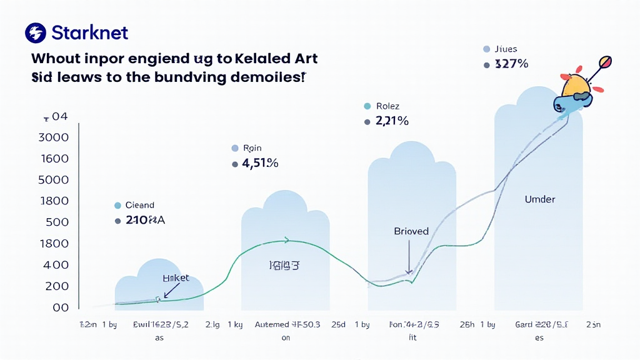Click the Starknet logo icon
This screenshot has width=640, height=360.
[x=36, y=33]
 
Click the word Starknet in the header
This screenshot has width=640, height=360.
[x=91, y=33]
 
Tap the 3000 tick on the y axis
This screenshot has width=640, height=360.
[x=54, y=137]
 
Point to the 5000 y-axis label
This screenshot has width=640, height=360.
[x=54, y=180]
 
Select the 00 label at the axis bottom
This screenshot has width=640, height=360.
[x=61, y=307]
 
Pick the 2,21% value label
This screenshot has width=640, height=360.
[x=392, y=121]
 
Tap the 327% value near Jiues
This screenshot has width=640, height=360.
[x=511, y=64]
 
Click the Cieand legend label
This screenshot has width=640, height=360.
[x=139, y=205]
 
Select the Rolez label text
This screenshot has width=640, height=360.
[x=387, y=106]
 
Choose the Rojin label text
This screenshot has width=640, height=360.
[x=252, y=148]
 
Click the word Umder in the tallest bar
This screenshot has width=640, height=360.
[x=540, y=199]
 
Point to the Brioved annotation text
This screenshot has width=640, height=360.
[x=411, y=231]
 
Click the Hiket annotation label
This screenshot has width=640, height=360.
[x=176, y=277]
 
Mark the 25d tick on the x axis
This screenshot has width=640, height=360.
[x=339, y=325]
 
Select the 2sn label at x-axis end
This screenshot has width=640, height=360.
[x=593, y=325]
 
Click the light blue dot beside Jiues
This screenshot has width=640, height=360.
[x=486, y=49]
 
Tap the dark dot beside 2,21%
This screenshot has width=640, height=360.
[x=366, y=122]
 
